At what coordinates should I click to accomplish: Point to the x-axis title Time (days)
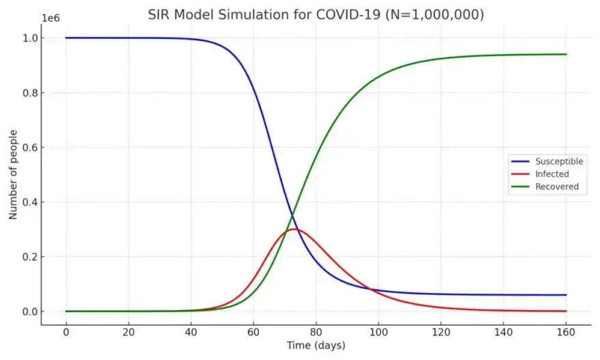tap(316, 346)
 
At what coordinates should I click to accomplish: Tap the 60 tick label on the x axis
tap(254, 332)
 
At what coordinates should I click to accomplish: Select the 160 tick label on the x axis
tap(566, 332)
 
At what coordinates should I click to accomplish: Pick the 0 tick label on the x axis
tap(66, 332)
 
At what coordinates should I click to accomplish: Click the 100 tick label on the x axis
tap(379, 332)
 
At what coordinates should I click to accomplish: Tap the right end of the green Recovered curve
tap(566, 55)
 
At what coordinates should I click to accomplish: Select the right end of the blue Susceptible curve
tap(566, 295)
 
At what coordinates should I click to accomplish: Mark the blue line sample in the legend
tap(521, 162)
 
